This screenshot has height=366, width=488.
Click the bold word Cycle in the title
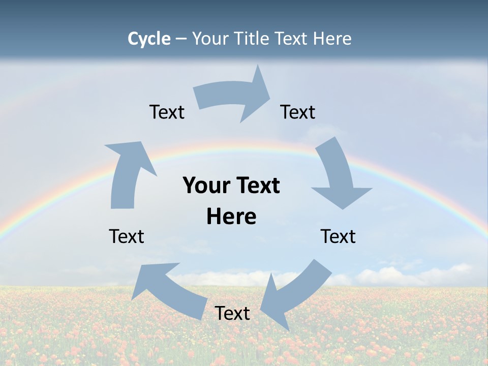point(149,39)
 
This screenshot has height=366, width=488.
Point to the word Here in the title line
point(332,39)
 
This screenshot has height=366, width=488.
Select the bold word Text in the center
point(257,186)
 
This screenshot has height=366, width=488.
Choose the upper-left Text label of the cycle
point(167,112)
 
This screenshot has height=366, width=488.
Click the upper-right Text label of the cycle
point(298,112)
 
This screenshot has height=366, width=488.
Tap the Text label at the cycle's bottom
point(232,313)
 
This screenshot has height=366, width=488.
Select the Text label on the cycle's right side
point(338,236)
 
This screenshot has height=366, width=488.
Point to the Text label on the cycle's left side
point(127,236)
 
